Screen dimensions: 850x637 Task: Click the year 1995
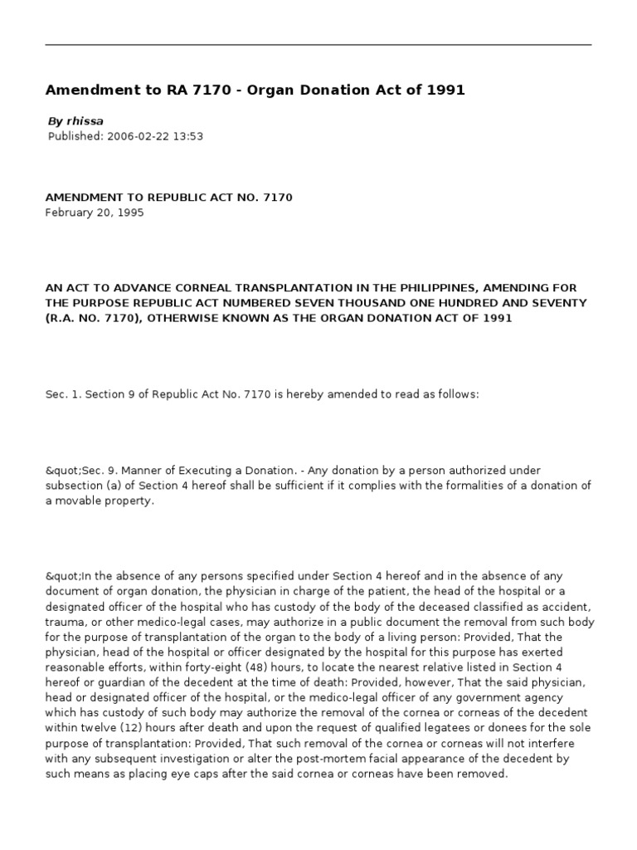tap(129, 212)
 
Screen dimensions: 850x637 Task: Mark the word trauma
tap(66, 622)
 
